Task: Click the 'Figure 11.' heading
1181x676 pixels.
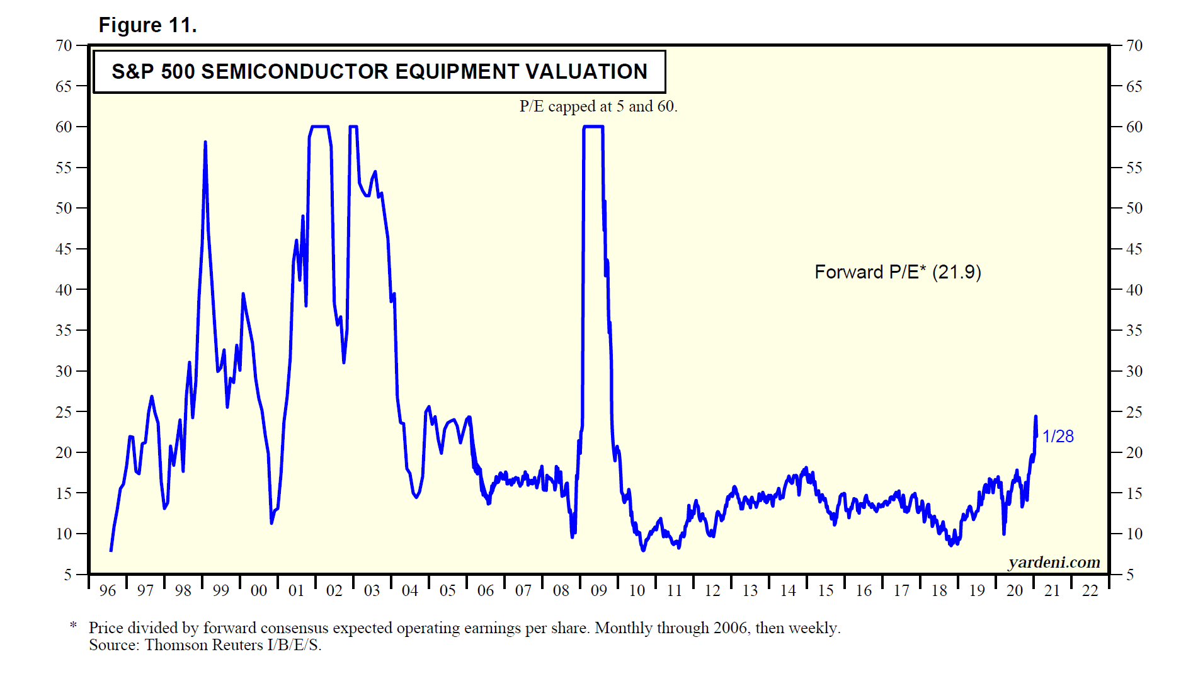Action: pos(147,25)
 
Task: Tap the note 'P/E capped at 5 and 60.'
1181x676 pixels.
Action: pos(598,106)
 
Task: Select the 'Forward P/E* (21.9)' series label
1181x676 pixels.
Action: pos(898,272)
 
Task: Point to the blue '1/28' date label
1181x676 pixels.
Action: pos(1058,436)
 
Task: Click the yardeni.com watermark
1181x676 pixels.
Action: pos(1054,562)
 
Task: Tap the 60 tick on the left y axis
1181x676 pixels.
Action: pos(64,127)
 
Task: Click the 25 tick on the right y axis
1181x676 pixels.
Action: pos(1134,412)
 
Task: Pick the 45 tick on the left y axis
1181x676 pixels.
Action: pos(64,249)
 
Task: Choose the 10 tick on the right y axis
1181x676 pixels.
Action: pos(1134,534)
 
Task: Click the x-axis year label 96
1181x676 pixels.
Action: pos(108,590)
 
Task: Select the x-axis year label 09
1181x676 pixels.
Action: pos(599,590)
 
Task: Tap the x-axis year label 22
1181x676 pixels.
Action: pos(1090,590)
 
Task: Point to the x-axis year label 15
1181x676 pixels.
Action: pos(826,590)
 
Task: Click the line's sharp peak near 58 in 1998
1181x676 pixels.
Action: pos(205,143)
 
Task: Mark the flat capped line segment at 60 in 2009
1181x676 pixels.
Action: pos(593,127)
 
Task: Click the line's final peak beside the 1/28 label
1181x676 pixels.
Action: pos(1036,417)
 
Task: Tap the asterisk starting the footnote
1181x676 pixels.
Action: pos(74,626)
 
